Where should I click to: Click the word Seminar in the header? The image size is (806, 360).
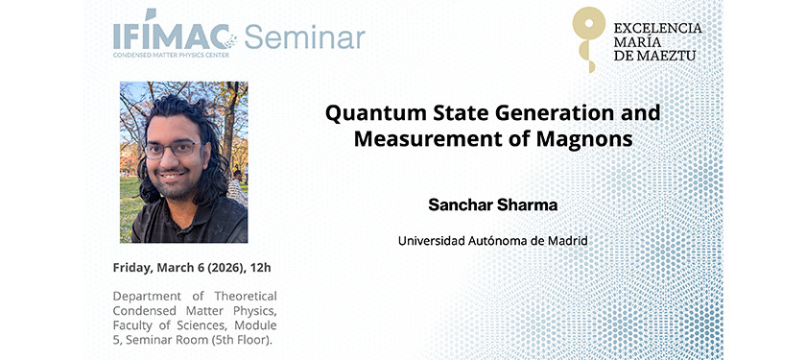[x=304, y=37]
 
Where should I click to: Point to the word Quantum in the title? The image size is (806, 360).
[x=368, y=113]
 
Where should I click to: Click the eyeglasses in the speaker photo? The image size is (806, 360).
[x=173, y=149]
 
